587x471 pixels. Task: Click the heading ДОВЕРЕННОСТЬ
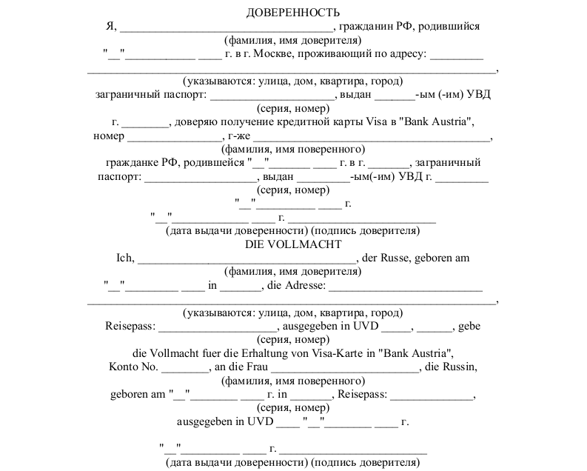[x=293, y=13]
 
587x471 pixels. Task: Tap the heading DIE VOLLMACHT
[x=293, y=244]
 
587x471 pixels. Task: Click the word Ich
[x=124, y=258]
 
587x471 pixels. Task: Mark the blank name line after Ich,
[x=246, y=260]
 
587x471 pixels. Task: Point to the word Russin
[x=459, y=367]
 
